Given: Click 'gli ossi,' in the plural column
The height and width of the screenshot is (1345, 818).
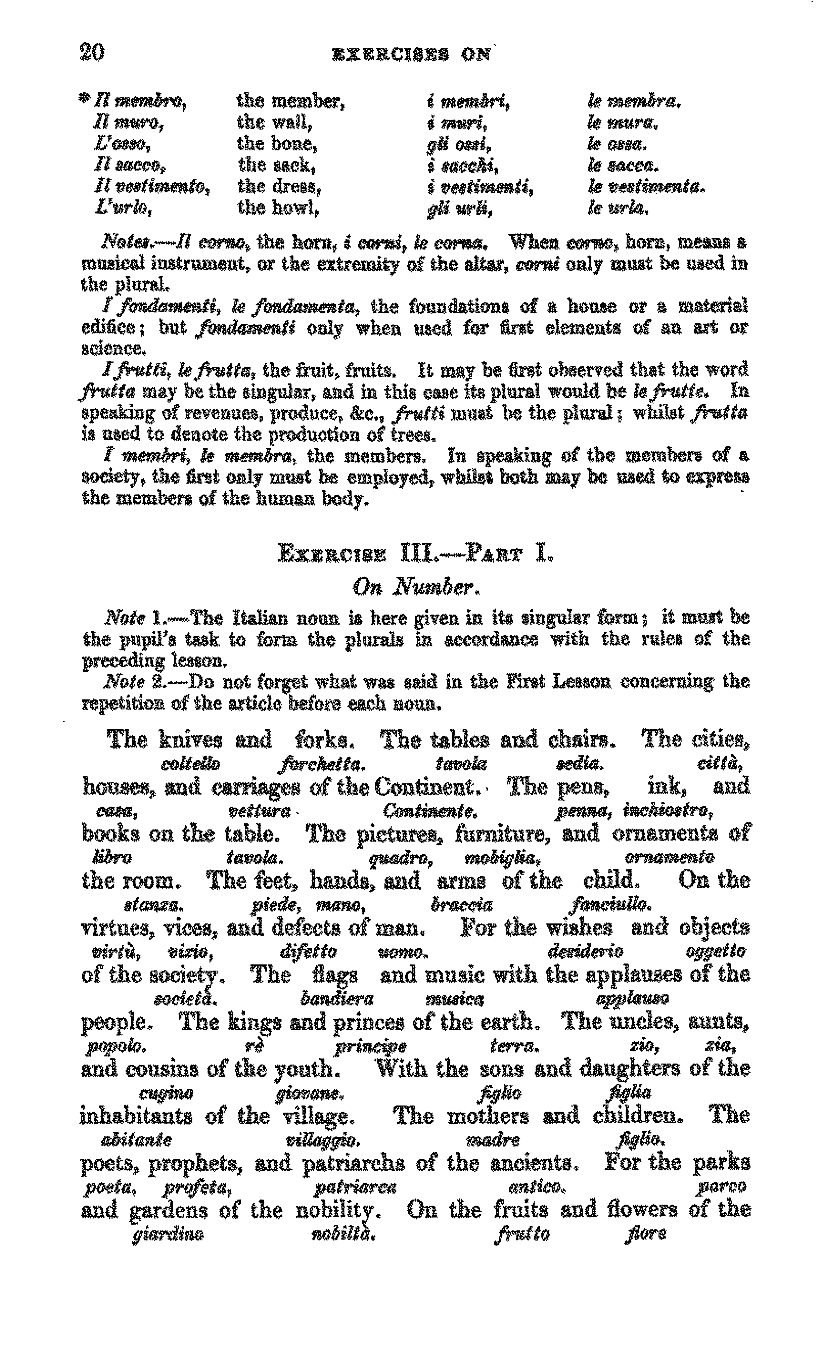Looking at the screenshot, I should pyautogui.click(x=459, y=145).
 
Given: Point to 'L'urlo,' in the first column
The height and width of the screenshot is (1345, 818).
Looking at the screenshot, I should pyautogui.click(x=123, y=209).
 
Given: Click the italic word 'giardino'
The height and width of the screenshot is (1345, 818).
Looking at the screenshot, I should pyautogui.click(x=168, y=1235).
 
